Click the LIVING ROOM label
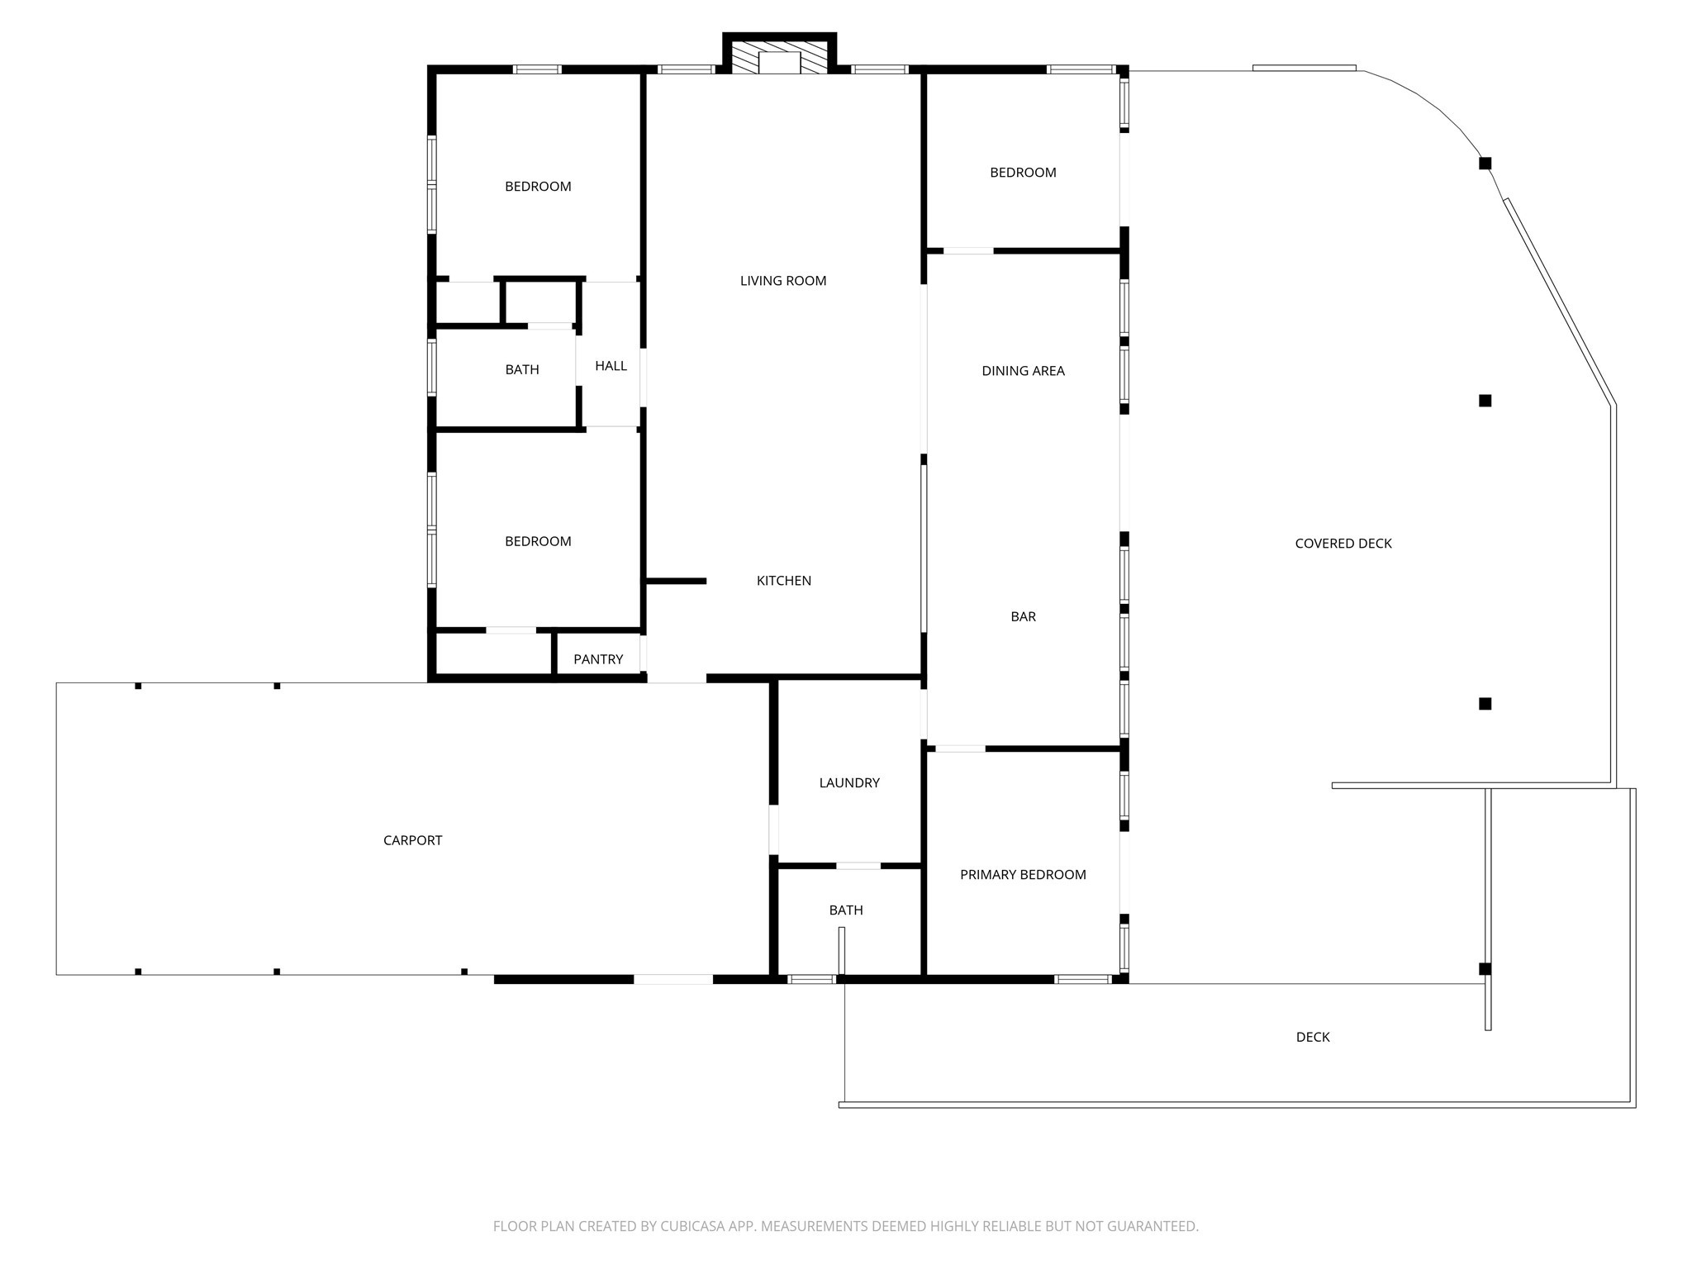click(783, 281)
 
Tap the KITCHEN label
click(784, 581)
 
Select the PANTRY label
click(598, 659)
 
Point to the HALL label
click(611, 366)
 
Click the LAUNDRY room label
click(849, 783)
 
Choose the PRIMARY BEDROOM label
click(1023, 875)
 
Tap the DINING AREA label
click(1023, 371)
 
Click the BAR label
click(1023, 616)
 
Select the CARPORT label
click(412, 840)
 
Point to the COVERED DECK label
click(1343, 544)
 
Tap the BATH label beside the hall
click(522, 369)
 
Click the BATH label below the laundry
click(846, 910)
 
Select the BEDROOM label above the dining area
click(1023, 173)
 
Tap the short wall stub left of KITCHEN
click(675, 581)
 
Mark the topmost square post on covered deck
click(1485, 164)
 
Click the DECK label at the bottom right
click(1313, 1037)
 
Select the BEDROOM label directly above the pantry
click(538, 541)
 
